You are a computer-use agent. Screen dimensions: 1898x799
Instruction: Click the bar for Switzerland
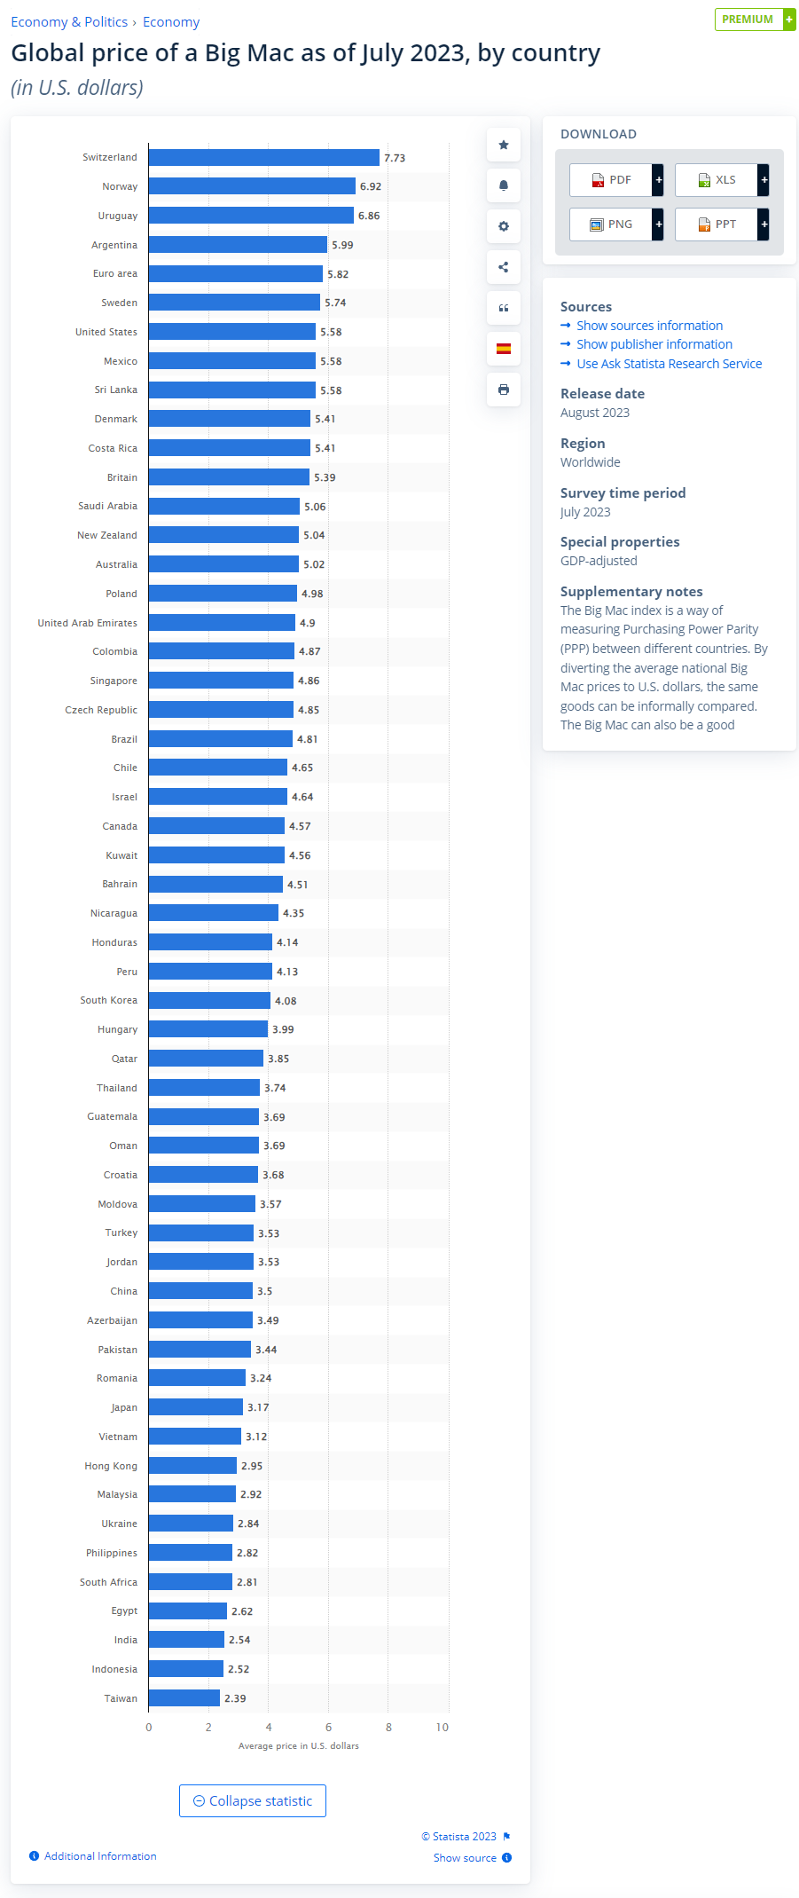click(263, 157)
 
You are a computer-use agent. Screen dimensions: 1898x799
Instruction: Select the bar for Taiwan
click(184, 1697)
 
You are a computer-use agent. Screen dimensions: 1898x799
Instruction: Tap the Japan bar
click(196, 1406)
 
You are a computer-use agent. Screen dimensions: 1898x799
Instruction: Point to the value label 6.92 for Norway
click(371, 186)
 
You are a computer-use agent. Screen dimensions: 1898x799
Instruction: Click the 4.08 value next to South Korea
click(286, 1001)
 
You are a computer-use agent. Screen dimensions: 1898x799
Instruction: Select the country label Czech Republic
click(101, 710)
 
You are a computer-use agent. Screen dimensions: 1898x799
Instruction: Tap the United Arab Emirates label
click(87, 623)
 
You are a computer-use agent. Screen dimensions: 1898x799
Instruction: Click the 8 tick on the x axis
click(388, 1727)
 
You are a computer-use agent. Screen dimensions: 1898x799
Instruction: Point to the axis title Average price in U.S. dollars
click(298, 1745)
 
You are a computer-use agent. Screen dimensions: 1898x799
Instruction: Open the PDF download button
click(612, 180)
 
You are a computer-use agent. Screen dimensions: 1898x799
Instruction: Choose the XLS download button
click(717, 180)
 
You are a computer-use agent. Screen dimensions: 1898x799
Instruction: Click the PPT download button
click(717, 224)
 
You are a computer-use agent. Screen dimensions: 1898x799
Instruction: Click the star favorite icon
click(504, 145)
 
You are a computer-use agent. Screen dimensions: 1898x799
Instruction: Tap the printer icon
click(504, 390)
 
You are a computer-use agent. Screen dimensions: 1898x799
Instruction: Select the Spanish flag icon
click(504, 349)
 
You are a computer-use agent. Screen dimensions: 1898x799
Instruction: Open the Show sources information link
click(649, 326)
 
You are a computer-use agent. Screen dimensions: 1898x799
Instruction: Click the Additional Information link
click(100, 1855)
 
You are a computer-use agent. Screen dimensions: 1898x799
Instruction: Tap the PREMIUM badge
click(748, 20)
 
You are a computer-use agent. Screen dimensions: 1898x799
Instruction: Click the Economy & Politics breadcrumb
click(69, 22)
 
